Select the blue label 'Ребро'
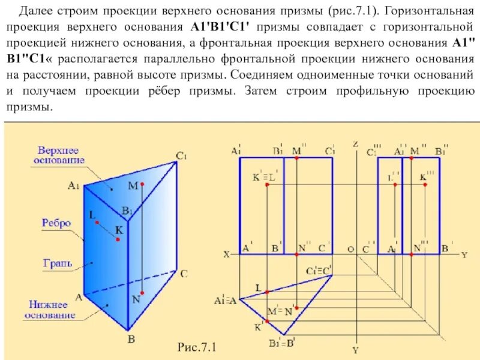pos(56,223)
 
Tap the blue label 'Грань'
pos(58,263)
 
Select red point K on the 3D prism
pos(118,239)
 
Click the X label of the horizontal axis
pos(227,254)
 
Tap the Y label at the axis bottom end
pos(355,349)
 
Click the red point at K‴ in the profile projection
pos(425,185)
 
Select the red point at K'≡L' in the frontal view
pos(268,185)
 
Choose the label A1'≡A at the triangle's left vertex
pos(224,299)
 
